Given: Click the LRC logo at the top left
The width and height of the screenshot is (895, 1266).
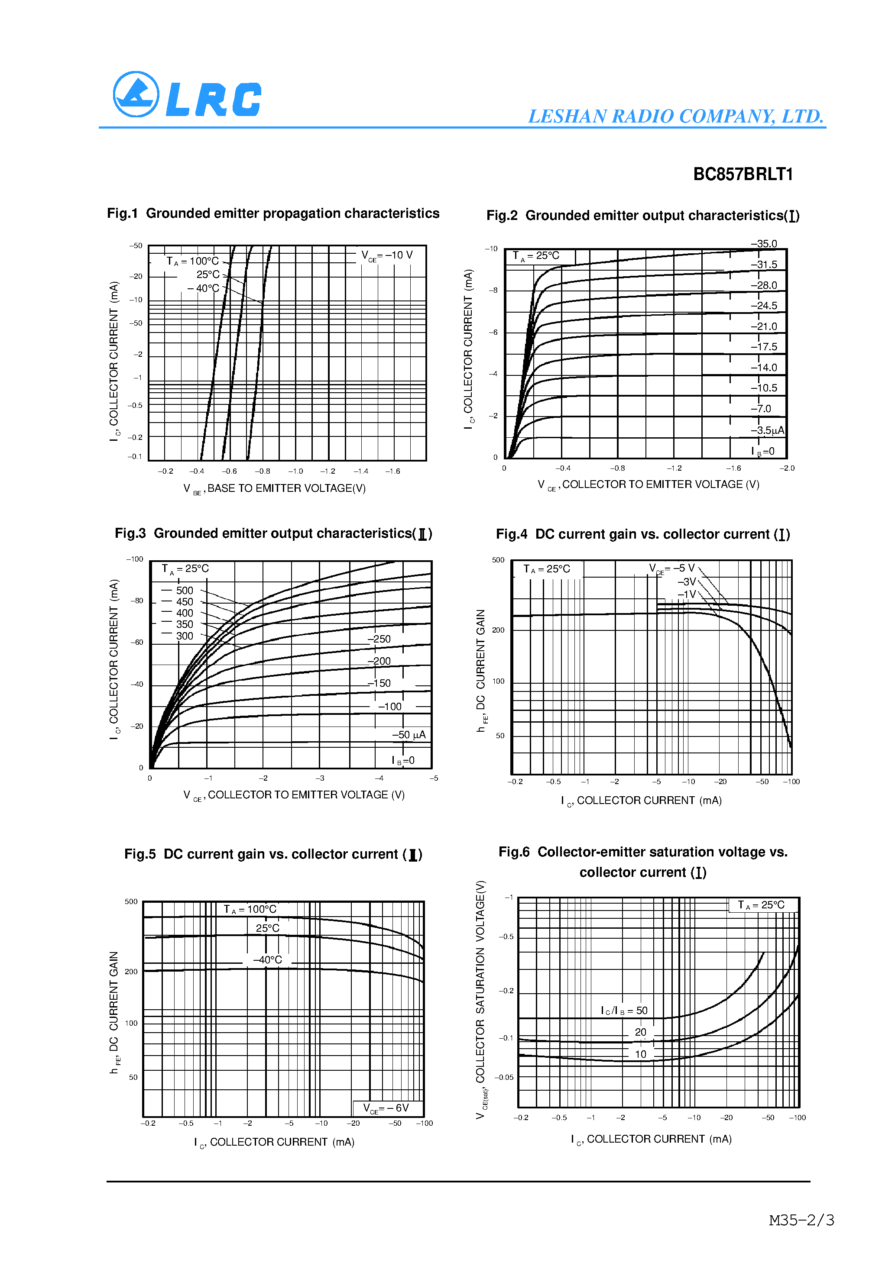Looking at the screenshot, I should [187, 95].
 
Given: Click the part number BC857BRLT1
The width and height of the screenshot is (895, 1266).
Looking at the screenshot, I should [743, 174].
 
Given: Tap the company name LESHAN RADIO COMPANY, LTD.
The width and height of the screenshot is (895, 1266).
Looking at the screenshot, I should [675, 116].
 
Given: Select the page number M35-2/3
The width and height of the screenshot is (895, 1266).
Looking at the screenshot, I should [801, 1220].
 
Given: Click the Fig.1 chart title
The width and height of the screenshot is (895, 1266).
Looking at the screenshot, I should [273, 213].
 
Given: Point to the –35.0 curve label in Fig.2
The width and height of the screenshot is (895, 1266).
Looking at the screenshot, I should [764, 244].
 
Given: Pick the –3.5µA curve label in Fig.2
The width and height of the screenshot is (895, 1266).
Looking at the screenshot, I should [767, 430].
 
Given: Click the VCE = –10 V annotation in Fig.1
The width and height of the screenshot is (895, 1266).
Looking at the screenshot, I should [387, 255].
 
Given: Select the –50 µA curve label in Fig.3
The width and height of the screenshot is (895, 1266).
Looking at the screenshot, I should [409, 734].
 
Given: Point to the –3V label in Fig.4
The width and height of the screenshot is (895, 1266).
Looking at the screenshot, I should [687, 582].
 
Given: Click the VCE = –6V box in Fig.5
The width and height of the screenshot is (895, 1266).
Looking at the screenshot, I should [386, 1108].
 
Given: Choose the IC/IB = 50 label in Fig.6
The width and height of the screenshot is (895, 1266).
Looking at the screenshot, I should [624, 1011].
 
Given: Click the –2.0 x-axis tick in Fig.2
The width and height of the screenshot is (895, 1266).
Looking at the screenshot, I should [787, 468].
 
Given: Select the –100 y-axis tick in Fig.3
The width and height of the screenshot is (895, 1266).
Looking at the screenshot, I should [135, 559].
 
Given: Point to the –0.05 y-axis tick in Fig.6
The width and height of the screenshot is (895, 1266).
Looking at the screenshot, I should [504, 1077].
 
